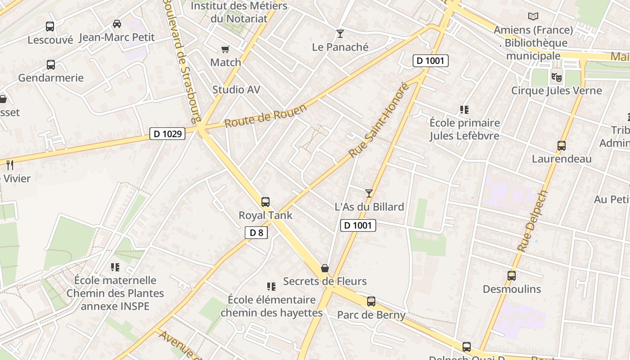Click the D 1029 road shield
click(167, 134)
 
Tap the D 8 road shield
click(256, 233)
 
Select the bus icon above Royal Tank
click(265, 202)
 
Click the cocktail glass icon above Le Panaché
click(340, 34)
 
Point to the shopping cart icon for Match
click(225, 49)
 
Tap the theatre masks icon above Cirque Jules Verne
click(557, 77)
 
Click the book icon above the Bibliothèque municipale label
click(533, 17)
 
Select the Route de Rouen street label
click(265, 116)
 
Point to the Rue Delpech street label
click(533, 221)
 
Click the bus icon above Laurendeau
click(561, 146)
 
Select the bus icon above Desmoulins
click(512, 276)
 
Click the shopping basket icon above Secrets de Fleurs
click(325, 268)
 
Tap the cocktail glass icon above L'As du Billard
click(369, 193)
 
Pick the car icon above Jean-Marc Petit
click(117, 24)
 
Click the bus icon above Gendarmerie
click(51, 65)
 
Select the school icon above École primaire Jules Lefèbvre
click(464, 110)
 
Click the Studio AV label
click(236, 90)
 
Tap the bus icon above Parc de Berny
click(371, 301)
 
